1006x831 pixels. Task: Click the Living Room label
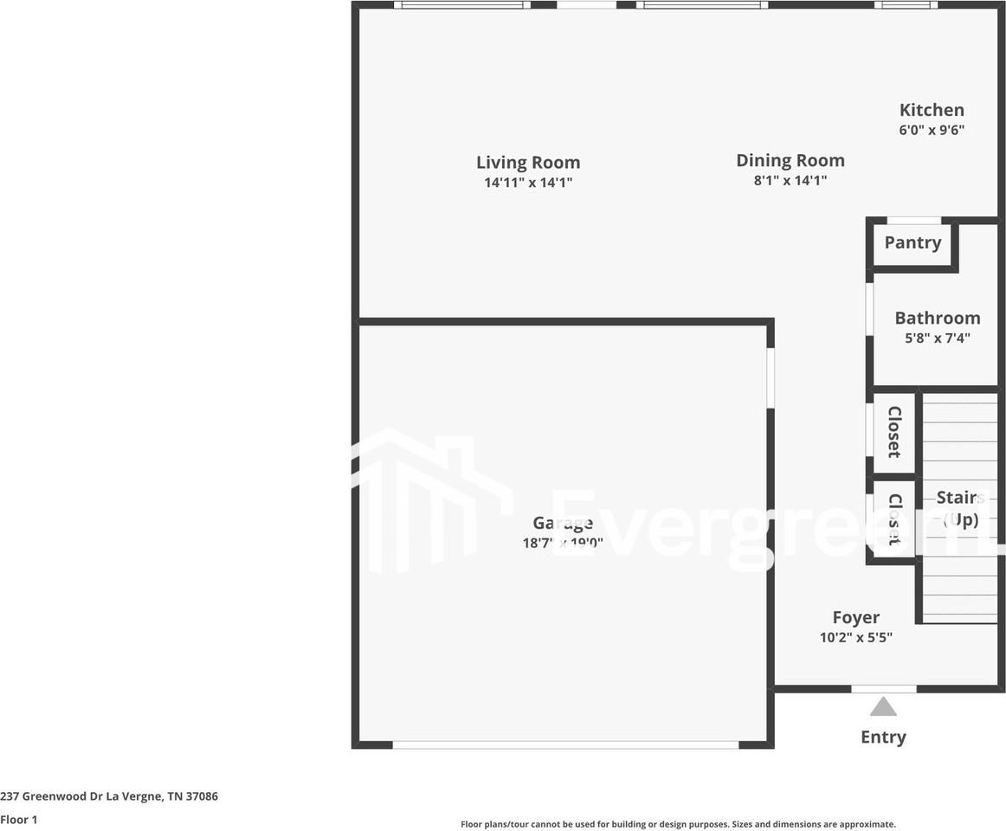(528, 163)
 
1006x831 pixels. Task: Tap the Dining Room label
(790, 160)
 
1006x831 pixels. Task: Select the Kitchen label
(932, 110)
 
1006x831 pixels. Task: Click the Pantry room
(912, 243)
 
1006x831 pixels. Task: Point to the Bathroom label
(937, 318)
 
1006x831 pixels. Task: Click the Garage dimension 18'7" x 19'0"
(563, 544)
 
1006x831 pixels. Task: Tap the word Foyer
(855, 617)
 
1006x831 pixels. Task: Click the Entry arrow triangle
(883, 707)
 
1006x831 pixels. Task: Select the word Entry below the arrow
(883, 737)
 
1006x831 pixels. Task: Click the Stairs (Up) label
(959, 508)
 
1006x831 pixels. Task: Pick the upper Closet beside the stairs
(894, 432)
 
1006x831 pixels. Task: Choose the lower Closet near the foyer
(894, 519)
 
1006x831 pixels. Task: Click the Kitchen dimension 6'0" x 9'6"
(932, 131)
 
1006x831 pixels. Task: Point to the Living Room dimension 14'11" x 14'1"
(528, 183)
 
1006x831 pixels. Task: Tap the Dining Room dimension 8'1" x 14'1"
(790, 181)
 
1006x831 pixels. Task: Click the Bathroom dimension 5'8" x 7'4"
(937, 338)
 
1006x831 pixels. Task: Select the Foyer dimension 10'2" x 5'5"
(855, 638)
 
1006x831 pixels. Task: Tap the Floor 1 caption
(19, 819)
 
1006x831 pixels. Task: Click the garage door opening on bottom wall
(565, 744)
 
